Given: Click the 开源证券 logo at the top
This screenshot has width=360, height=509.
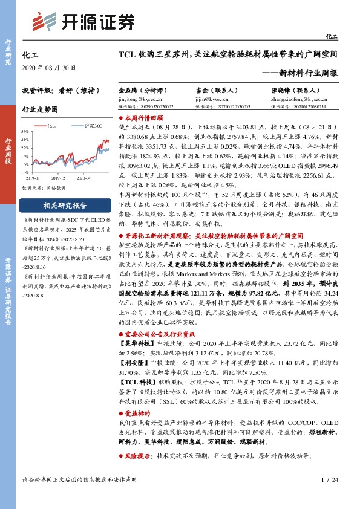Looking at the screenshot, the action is coord(82,22).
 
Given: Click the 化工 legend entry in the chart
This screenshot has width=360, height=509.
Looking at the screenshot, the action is coord(51,126).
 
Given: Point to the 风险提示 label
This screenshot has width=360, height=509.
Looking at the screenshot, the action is coord(138,455).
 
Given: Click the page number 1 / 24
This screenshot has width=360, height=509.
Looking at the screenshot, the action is coord(329,496).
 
